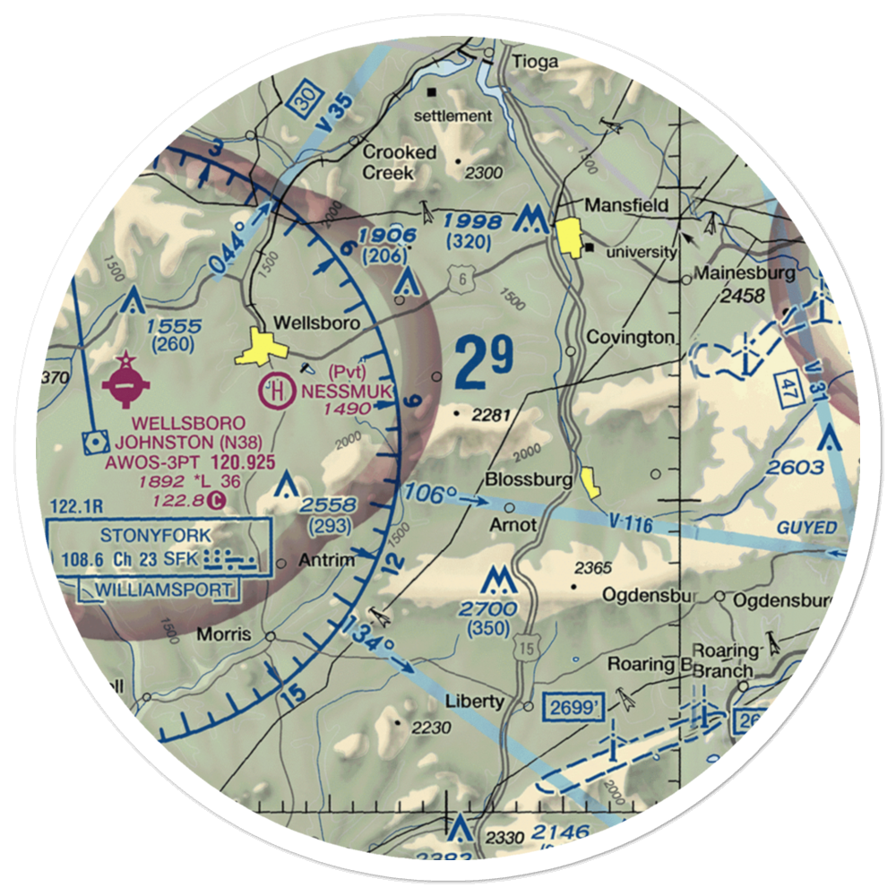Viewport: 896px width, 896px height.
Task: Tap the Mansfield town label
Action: tap(626, 205)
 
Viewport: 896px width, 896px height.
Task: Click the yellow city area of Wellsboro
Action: tap(258, 348)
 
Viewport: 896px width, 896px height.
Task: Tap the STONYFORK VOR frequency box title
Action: tap(156, 536)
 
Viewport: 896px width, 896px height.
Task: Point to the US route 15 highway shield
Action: tap(524, 650)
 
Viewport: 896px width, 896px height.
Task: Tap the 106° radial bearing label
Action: tap(430, 495)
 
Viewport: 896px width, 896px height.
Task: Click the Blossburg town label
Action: tap(529, 480)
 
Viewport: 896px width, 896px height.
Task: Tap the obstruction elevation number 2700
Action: tap(488, 609)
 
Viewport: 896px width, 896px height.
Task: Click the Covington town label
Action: tap(630, 338)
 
